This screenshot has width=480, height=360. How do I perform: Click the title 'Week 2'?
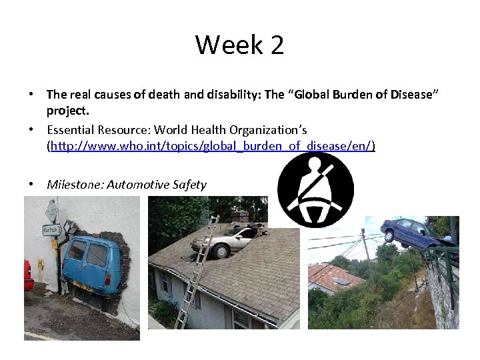(239, 45)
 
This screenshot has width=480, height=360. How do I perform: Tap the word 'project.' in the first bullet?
(67, 109)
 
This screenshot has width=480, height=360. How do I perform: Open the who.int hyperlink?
(211, 145)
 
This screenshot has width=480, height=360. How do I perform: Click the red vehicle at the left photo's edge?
(29, 275)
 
